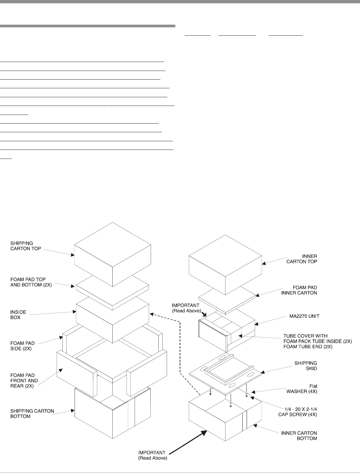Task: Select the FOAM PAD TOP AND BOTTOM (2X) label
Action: (31, 282)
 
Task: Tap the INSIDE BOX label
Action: (18, 315)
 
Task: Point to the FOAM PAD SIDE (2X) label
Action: (22, 346)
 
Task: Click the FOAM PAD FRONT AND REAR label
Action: (24, 380)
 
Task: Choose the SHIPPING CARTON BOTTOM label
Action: (32, 413)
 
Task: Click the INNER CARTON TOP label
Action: (302, 259)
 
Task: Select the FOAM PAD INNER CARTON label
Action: (300, 290)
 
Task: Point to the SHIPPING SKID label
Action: (305, 365)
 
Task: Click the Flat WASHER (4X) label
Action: (302, 389)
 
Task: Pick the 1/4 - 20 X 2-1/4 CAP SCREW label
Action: (297, 412)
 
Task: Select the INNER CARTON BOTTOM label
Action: (299, 436)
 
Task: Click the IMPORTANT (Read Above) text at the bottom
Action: (153, 455)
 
